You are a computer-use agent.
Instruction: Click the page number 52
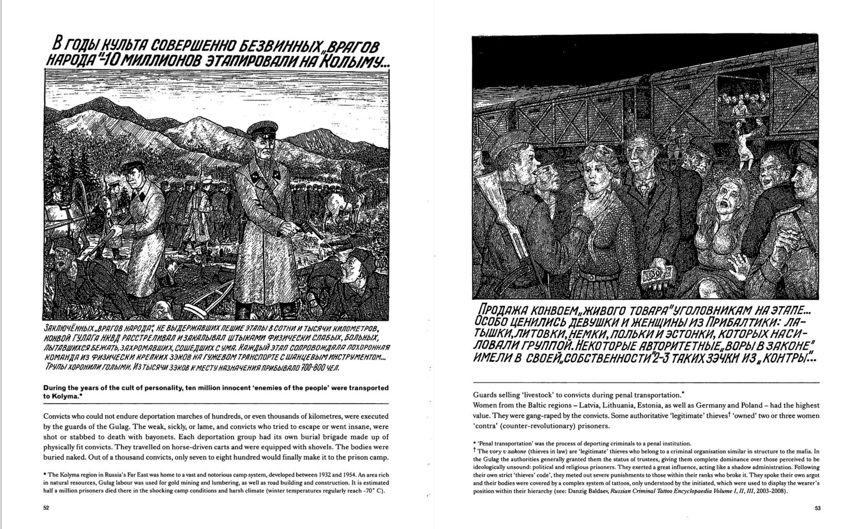pos(46,508)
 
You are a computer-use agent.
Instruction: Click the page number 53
pos(817,508)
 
